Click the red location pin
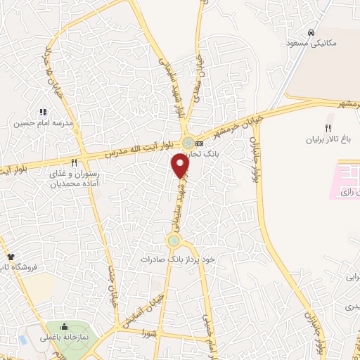[181, 165]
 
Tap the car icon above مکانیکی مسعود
[310, 33]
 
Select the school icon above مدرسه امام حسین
[43, 111]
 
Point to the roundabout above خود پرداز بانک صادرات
[174, 241]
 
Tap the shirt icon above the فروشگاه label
[11, 257]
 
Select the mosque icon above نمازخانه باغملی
[64, 326]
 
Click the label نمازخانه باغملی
[64, 337]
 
